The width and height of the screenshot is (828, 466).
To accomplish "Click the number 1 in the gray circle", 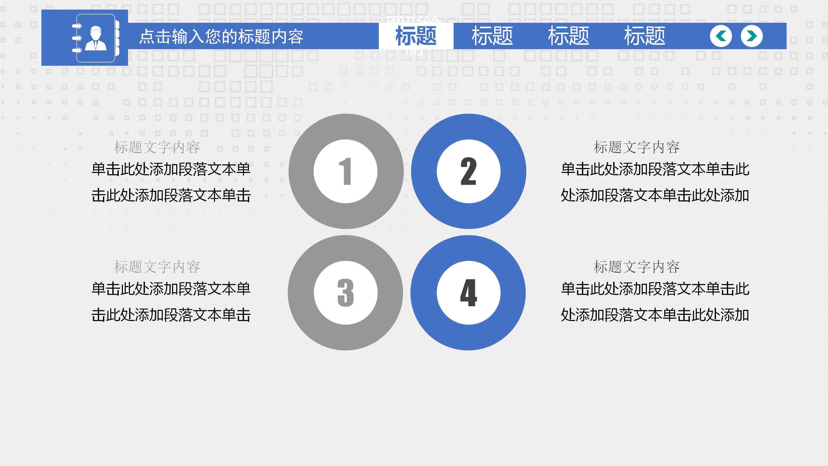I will click(345, 171).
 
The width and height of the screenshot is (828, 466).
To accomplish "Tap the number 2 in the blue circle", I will click(468, 171).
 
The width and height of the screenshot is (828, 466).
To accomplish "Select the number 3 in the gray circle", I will click(345, 293).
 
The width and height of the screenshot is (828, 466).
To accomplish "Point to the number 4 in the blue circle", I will click(468, 293).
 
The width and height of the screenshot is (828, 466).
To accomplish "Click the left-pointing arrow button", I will click(721, 36).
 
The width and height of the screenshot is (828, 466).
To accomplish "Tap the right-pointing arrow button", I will click(751, 36).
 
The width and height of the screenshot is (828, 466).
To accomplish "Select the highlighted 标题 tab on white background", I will click(416, 36).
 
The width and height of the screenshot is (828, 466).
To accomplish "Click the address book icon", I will click(96, 38).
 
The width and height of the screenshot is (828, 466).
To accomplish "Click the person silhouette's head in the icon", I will click(95, 32).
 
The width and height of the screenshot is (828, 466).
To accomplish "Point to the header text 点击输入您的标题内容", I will click(221, 36).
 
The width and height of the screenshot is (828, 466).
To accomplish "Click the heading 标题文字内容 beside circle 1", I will click(157, 147).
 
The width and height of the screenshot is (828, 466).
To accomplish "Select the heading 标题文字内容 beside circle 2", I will click(637, 147).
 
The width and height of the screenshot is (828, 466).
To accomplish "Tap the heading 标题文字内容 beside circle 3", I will click(157, 267).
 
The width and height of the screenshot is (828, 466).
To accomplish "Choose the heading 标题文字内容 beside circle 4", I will click(637, 267).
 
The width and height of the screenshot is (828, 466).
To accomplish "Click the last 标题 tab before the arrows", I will click(645, 36).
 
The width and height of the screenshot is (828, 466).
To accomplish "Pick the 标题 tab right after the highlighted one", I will click(492, 36).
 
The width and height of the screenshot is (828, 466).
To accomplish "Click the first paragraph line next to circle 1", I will click(171, 169).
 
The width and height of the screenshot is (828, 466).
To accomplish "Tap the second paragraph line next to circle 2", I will click(655, 195).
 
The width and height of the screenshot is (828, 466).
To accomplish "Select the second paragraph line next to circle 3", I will click(171, 315).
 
